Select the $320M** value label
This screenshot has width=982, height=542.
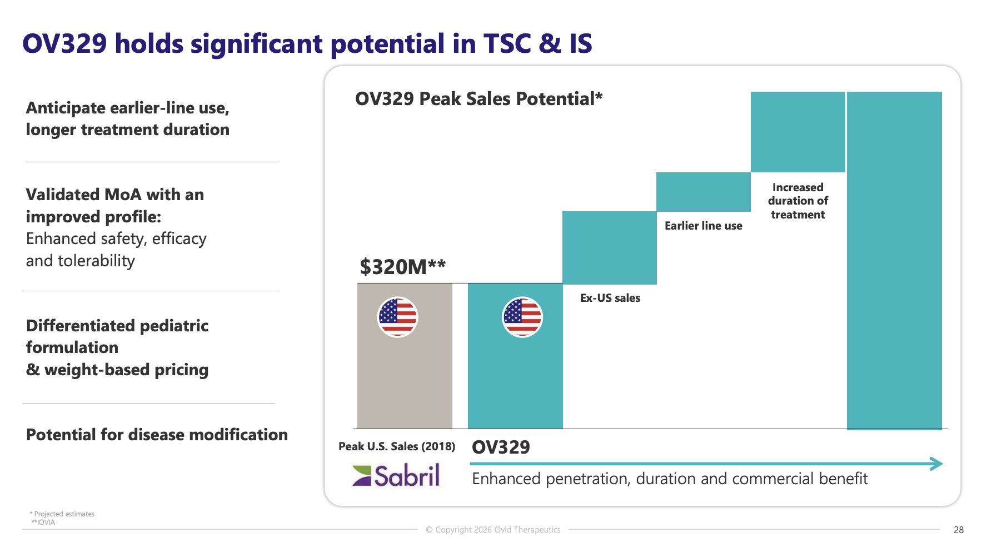(402, 267)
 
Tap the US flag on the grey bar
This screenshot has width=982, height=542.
(397, 317)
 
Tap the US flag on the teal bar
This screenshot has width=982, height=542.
(522, 317)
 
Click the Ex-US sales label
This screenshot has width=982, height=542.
(610, 298)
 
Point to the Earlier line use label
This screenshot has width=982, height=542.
(703, 226)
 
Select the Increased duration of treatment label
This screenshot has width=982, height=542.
(797, 201)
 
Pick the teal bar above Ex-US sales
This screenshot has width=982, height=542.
(609, 247)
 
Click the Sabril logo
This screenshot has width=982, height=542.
(396, 475)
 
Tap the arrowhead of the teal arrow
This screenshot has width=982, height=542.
(936, 464)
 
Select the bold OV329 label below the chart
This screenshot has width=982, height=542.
(501, 447)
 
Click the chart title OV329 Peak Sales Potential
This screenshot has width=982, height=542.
(478, 98)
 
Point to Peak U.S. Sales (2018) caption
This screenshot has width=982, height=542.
(396, 446)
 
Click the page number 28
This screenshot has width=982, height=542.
(958, 530)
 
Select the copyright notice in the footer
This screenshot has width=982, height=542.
(493, 530)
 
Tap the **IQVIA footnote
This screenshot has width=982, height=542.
(43, 522)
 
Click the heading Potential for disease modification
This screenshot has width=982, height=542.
(157, 434)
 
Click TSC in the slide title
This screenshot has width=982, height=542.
(507, 43)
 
